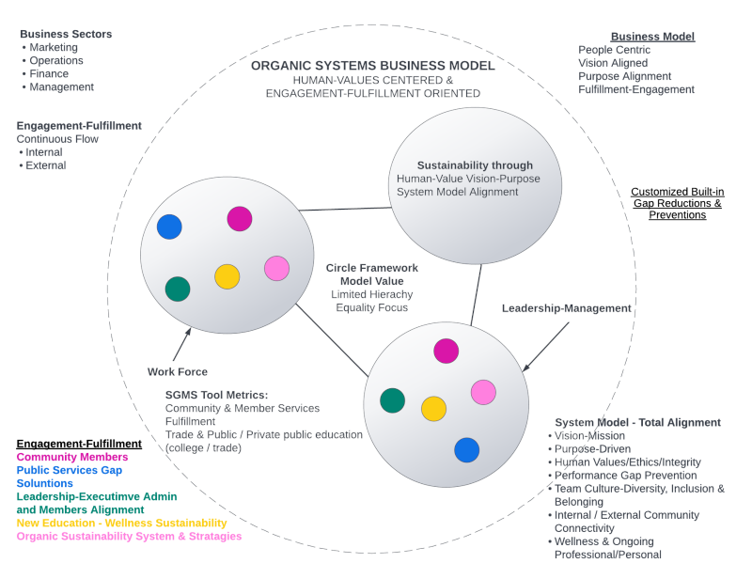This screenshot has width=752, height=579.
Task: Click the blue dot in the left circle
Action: [x=169, y=227]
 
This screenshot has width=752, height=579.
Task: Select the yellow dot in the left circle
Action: [x=227, y=276]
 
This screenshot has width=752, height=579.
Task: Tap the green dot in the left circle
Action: [x=178, y=289]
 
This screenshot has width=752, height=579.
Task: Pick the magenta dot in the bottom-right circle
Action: [x=446, y=351]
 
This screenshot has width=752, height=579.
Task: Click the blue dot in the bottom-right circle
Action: [x=467, y=450]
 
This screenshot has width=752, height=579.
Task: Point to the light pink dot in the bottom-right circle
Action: [x=483, y=392]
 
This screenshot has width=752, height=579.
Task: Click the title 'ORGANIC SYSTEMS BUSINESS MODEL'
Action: [x=373, y=66]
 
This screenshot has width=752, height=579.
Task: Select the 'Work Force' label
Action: [x=178, y=372]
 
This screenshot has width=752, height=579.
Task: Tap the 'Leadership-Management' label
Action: [x=566, y=308]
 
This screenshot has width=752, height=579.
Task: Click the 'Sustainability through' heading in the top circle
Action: [x=475, y=165]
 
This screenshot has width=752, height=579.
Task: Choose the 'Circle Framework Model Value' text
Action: [x=372, y=274]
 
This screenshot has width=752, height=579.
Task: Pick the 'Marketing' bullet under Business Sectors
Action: [x=54, y=47]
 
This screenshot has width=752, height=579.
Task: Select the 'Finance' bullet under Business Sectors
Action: [x=49, y=73]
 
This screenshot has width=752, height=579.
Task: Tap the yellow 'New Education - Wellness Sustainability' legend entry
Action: [x=121, y=523]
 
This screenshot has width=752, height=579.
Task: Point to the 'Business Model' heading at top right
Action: [x=652, y=37]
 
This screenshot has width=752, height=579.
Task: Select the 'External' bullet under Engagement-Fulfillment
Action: [x=46, y=165]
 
